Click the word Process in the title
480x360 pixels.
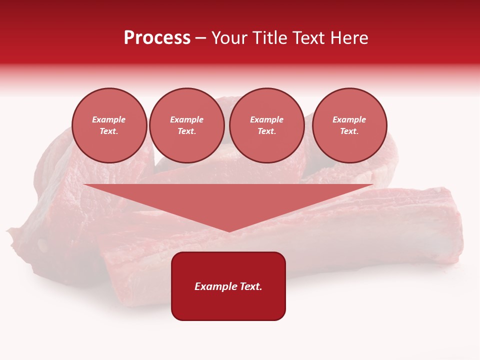157,38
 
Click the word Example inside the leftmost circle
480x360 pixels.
109,119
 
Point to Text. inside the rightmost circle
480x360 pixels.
349,131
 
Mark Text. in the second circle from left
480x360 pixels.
186,131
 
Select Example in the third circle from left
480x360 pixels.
266,119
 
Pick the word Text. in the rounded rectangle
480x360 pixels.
250,286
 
